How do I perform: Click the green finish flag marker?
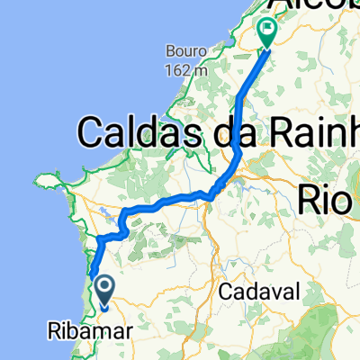pos(268,33)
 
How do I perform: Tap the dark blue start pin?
pos(104,291)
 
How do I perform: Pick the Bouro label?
pos(183,50)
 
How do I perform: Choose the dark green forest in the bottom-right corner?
pos(337,342)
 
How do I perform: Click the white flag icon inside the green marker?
pos(268,30)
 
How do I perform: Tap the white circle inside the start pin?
pos(104,287)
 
